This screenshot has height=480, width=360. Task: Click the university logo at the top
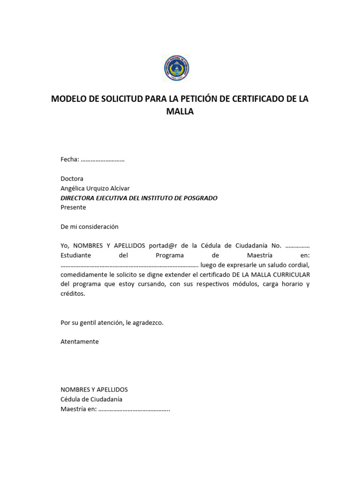[x=177, y=68]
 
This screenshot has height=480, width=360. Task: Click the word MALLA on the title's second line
[x=180, y=112]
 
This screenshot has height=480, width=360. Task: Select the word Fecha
[x=69, y=159]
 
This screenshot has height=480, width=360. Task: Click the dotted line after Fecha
[x=103, y=160]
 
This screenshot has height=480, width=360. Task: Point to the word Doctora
[x=72, y=179]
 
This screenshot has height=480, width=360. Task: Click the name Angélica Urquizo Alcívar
[x=95, y=188]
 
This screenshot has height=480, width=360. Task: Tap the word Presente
[x=73, y=207]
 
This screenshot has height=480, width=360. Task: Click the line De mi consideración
[x=90, y=226]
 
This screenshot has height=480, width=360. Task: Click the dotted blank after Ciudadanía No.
[x=297, y=246]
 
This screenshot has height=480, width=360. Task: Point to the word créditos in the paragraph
[x=73, y=293]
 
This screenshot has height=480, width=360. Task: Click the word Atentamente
[x=79, y=341]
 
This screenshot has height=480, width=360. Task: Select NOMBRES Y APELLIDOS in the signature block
[x=94, y=390]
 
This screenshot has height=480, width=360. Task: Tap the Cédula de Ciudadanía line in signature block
[x=91, y=399]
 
